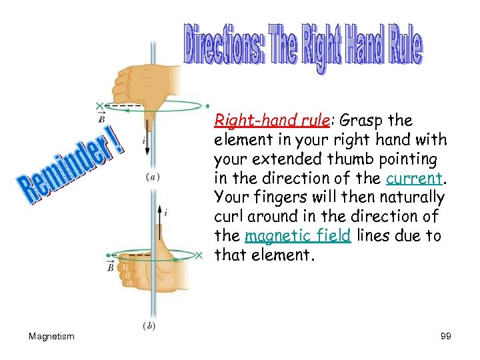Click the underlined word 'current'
click(414, 179)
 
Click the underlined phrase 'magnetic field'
click(297, 236)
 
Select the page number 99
click(446, 337)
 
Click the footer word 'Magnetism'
click(51, 337)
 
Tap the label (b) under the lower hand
click(150, 325)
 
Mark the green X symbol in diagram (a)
click(101, 105)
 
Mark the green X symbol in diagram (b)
click(199, 255)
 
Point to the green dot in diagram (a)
click(208, 105)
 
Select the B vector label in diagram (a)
click(101, 118)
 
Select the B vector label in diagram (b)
click(110, 267)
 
